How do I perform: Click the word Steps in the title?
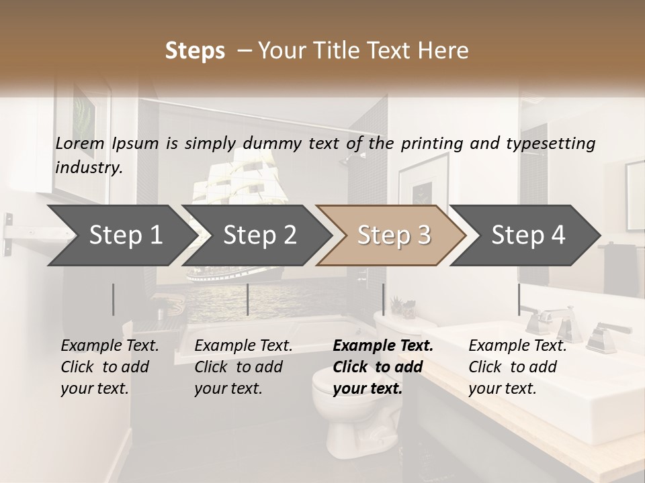195,51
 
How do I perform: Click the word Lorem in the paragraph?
80,143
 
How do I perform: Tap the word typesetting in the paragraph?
554,143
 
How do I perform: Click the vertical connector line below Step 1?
114,299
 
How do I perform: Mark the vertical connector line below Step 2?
248,299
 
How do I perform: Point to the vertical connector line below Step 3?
384,299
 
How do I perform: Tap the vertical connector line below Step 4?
519,299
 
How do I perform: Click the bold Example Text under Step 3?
383,345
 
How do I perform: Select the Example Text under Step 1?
110,345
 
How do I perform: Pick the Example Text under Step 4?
517,345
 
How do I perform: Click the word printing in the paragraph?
433,143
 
